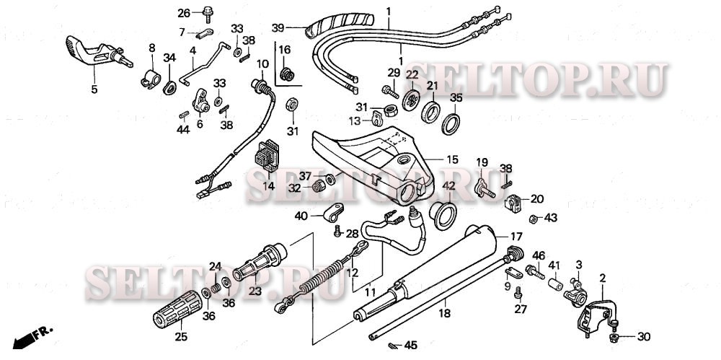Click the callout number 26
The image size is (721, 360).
(x=183, y=13)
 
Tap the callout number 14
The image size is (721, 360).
(x=269, y=185)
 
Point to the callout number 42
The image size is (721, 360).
(x=448, y=186)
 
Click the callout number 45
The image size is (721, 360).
(x=411, y=345)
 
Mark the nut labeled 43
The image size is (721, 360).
(x=534, y=218)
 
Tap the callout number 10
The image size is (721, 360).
(x=262, y=63)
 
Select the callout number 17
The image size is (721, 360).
(x=516, y=236)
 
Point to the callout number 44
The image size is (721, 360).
(x=182, y=130)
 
